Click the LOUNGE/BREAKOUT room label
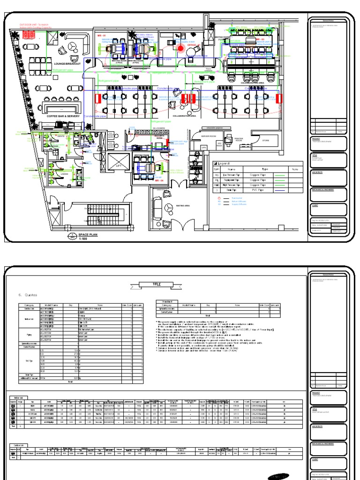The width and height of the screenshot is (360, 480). pyautogui.click(x=67, y=63)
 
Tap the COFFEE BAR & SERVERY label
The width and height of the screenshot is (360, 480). pyautogui.click(x=63, y=115)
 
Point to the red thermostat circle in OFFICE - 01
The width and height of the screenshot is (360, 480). pyautogui.click(x=180, y=47)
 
